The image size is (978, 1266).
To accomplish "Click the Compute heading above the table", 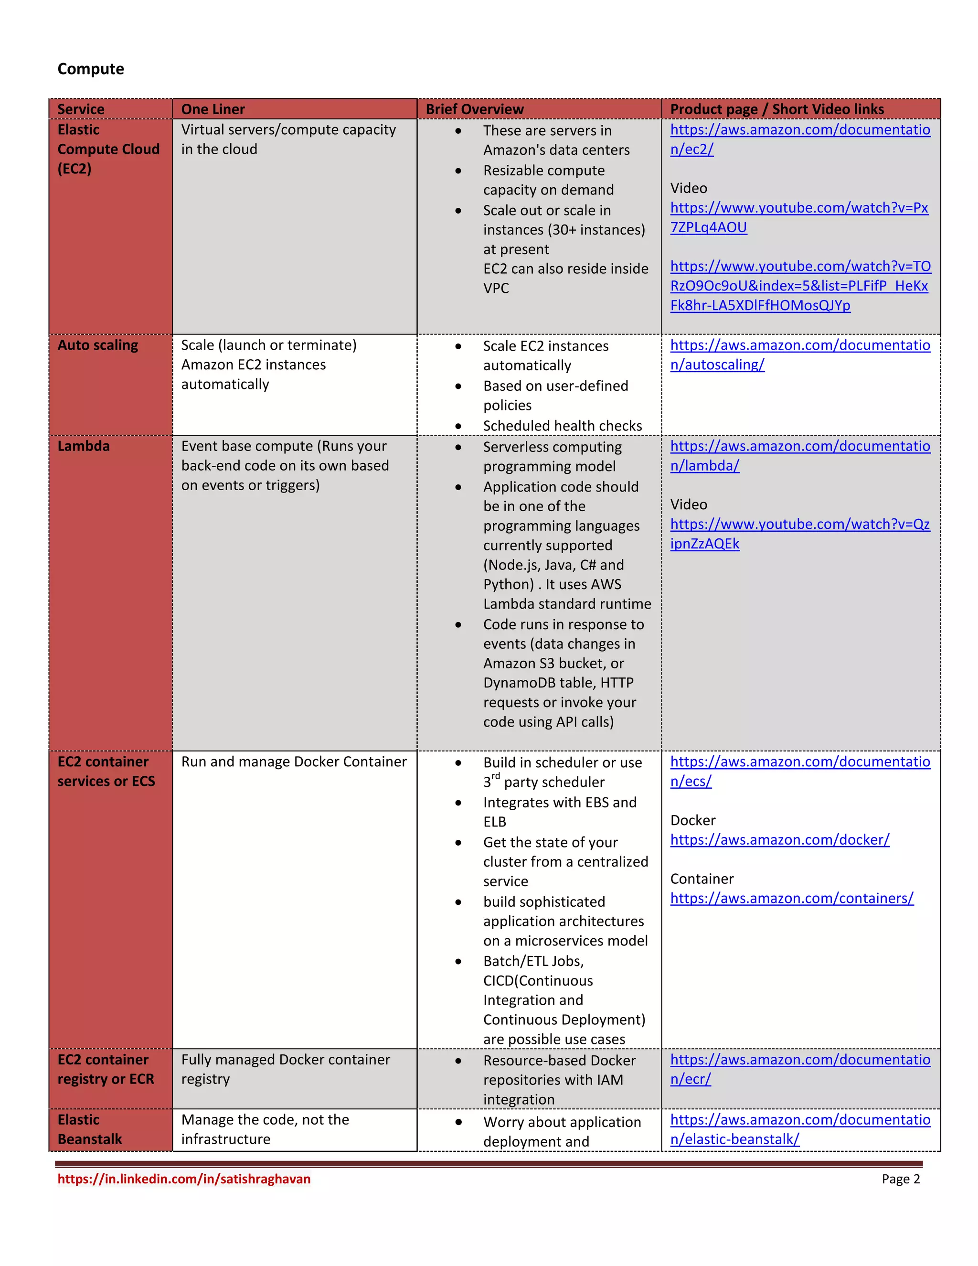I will [x=90, y=69].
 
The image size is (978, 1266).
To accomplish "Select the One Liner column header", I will [x=213, y=109].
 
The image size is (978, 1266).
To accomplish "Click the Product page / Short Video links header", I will [x=776, y=109].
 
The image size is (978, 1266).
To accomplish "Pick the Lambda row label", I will [x=84, y=446].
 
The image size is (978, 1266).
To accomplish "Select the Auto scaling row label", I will [x=97, y=345].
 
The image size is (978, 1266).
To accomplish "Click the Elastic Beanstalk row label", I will [x=90, y=1129].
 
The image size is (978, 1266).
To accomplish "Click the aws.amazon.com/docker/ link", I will [x=779, y=839].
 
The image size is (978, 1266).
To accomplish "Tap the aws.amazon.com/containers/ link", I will [x=791, y=898].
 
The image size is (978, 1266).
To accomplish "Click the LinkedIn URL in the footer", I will [x=184, y=1179].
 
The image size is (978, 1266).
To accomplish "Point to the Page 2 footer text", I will [x=900, y=1179].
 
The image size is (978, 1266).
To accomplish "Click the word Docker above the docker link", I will [x=692, y=820].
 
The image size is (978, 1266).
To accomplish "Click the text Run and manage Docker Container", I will [x=294, y=762].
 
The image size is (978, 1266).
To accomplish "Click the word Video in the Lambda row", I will [x=688, y=504].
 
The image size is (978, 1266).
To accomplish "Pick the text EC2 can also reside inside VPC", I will [x=565, y=278].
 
